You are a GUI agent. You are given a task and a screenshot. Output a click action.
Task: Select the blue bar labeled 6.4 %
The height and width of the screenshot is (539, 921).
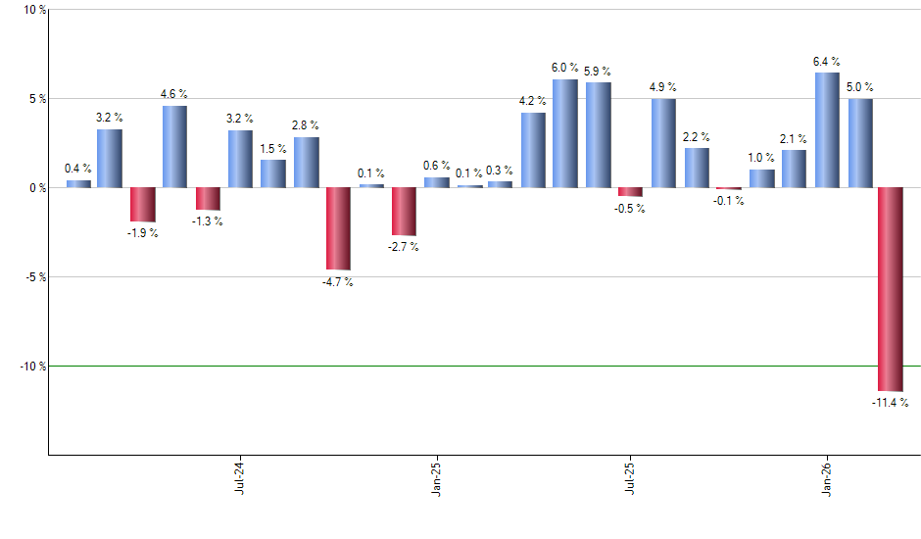coord(827,129)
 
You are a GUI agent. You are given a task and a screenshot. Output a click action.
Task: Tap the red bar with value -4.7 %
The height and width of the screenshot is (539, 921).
coord(338,228)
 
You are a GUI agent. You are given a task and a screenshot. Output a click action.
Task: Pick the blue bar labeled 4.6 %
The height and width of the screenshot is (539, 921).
coord(174,146)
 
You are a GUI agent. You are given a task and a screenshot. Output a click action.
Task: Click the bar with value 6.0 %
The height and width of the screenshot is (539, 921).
coord(565,133)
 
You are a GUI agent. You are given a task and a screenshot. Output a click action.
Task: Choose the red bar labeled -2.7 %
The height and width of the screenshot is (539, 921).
coord(403,212)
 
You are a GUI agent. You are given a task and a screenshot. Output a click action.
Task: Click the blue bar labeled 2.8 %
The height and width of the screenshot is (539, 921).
coord(306,162)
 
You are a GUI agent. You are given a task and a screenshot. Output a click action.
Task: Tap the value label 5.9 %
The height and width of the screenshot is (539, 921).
coord(598,72)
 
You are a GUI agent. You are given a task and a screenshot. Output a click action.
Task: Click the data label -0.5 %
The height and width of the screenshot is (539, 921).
coord(631,209)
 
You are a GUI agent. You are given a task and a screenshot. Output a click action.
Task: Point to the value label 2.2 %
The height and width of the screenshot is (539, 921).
coord(697,137)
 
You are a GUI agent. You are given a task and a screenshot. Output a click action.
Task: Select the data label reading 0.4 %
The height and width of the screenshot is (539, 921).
coord(78,169)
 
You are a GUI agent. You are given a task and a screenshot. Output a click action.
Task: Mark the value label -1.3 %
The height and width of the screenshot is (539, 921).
coord(208,221)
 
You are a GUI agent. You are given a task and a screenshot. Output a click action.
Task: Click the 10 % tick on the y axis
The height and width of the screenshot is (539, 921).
coord(32,10)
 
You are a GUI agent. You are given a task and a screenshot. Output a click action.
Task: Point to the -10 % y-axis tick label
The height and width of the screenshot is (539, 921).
coord(29,366)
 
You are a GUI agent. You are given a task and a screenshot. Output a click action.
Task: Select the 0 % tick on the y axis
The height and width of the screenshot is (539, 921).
coord(35,187)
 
